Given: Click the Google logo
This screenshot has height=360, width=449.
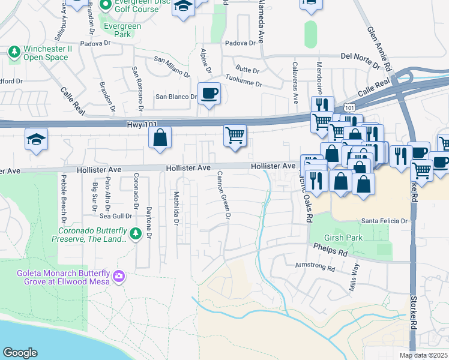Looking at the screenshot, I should [x=20, y=353].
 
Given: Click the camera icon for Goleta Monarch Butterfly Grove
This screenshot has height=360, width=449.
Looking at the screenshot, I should [x=120, y=275].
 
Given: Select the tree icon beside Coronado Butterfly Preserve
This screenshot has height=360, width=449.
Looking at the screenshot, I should [x=136, y=233].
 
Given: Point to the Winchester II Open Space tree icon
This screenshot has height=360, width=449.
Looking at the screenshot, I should [x=14, y=53].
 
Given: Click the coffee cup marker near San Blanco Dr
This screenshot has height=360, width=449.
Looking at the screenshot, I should [x=209, y=94].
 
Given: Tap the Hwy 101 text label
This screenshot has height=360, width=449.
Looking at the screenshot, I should [x=142, y=124].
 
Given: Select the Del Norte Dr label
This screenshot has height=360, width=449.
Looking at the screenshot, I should [x=361, y=56].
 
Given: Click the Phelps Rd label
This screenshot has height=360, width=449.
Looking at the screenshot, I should [x=330, y=250].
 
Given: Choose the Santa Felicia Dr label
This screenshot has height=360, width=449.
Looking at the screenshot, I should [x=384, y=221].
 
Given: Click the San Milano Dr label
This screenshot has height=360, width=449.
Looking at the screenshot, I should [x=172, y=67].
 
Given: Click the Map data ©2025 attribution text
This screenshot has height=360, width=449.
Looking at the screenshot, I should [x=423, y=355].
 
